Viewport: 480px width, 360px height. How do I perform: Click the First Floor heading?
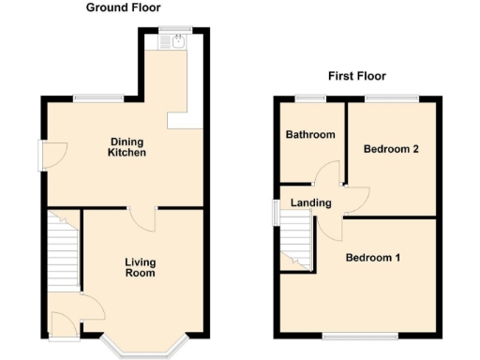click(357, 76)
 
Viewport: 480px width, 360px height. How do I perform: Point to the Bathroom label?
click(310, 135)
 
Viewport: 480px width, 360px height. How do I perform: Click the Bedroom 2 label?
click(391, 148)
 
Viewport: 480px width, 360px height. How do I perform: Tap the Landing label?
click(310, 202)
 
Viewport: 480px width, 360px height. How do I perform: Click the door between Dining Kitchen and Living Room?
click(143, 217)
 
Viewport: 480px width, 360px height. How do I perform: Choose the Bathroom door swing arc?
click(326, 173)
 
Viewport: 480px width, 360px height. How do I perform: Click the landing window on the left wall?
click(276, 212)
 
